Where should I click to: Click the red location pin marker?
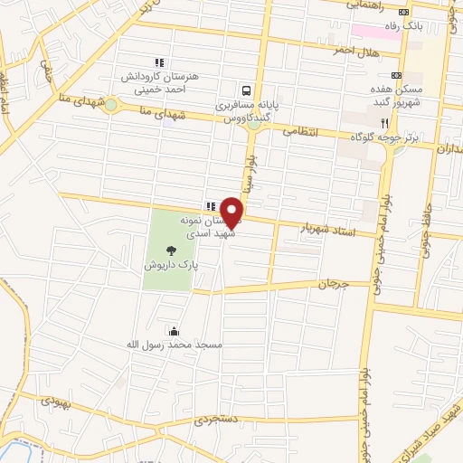point(232,212)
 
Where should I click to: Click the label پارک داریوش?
point(170,267)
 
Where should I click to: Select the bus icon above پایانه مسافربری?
point(246,90)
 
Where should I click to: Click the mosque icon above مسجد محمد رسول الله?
point(173,331)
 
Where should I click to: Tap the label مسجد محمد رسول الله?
point(173,345)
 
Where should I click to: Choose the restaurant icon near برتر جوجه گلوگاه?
point(384,122)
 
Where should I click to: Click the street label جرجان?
point(326,284)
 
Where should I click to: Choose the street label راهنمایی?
point(364,5)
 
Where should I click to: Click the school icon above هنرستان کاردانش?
point(159,63)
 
